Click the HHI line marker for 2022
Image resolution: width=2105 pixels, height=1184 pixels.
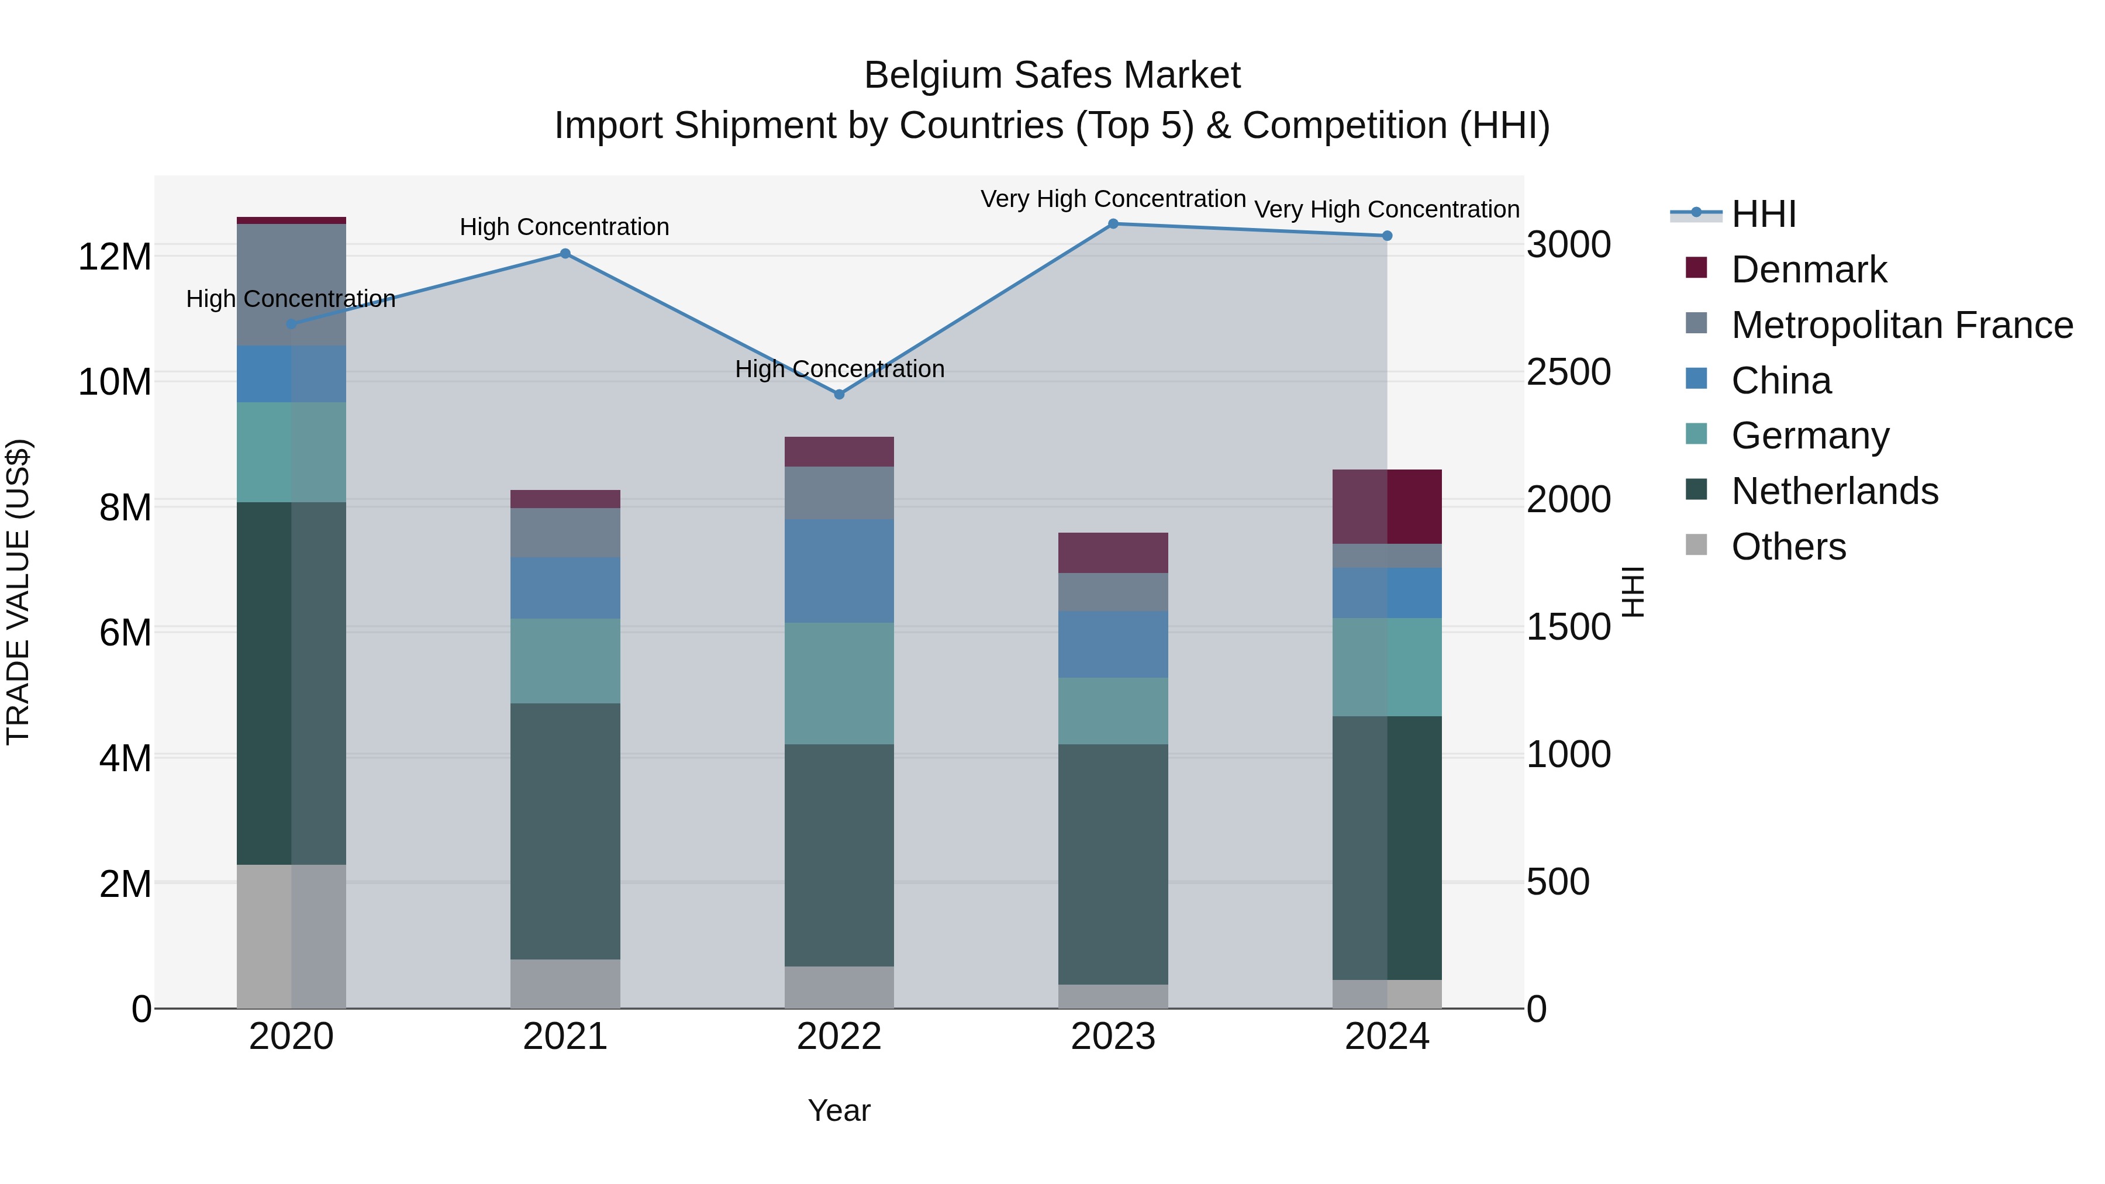[838, 394]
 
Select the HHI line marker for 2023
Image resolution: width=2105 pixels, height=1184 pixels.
[1113, 223]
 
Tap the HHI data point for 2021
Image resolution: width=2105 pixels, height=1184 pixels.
[565, 253]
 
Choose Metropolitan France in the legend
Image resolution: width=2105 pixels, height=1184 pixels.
[1901, 325]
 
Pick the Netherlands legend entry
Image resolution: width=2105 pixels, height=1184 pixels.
[1834, 491]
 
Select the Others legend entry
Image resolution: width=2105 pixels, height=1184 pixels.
[1788, 547]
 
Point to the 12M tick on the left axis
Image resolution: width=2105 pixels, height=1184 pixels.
[115, 257]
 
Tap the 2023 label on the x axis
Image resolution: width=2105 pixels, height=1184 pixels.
[1113, 1037]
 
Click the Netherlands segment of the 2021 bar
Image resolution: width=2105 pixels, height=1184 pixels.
[565, 830]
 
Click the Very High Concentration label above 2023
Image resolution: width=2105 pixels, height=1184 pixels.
[1113, 199]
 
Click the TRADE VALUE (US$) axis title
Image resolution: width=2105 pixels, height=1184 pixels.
[18, 592]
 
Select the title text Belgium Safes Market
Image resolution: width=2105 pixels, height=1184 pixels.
[1052, 75]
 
